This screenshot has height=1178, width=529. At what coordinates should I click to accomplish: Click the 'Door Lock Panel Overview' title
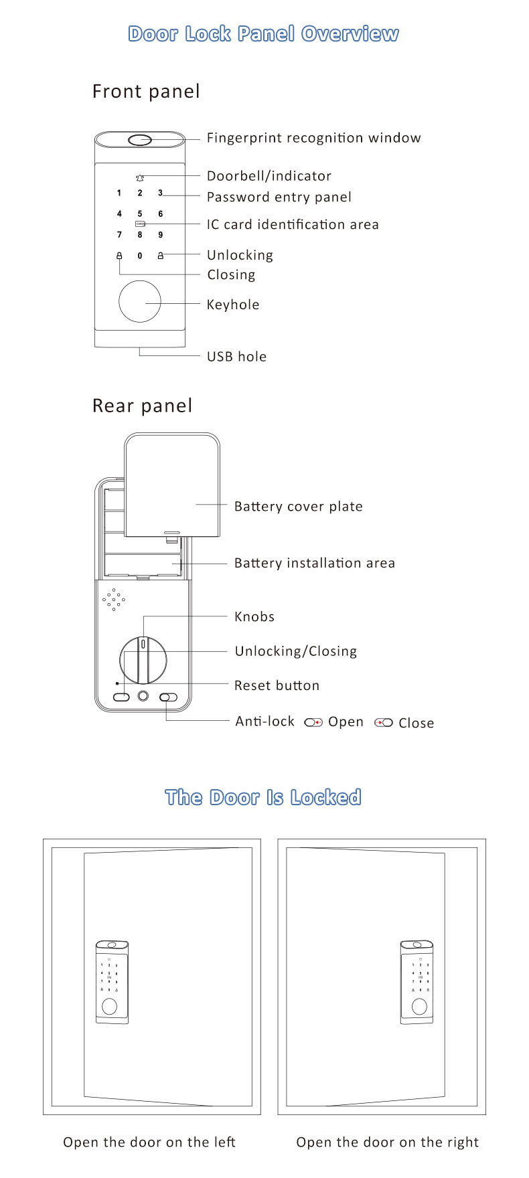pyautogui.click(x=263, y=33)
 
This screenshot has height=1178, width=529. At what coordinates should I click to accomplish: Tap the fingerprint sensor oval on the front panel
pyautogui.click(x=140, y=141)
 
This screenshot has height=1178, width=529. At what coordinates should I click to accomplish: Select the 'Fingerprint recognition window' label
pyautogui.click(x=313, y=138)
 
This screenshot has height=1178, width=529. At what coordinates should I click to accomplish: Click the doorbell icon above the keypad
pyautogui.click(x=140, y=178)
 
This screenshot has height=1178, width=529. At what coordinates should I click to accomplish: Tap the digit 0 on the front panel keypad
pyautogui.click(x=140, y=256)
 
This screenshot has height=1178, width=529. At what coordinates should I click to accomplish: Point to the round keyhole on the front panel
pyautogui.click(x=140, y=302)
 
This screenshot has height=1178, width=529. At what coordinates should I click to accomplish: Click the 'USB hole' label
pyautogui.click(x=236, y=357)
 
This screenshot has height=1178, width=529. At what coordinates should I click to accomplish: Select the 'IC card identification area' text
pyautogui.click(x=293, y=225)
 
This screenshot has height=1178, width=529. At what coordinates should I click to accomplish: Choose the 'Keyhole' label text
pyautogui.click(x=233, y=305)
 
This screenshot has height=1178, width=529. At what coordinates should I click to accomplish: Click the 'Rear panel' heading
pyautogui.click(x=143, y=406)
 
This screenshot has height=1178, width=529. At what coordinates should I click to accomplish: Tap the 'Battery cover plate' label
pyautogui.click(x=298, y=507)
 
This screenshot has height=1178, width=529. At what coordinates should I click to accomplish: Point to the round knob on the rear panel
pyautogui.click(x=143, y=659)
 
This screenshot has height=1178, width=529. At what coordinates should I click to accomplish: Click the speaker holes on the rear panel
pyautogui.click(x=113, y=599)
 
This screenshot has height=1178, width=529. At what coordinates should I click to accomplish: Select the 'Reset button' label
pyautogui.click(x=277, y=685)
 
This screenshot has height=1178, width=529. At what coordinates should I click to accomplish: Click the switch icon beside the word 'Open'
pyautogui.click(x=313, y=723)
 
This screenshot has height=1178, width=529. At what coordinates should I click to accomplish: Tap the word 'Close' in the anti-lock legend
pyautogui.click(x=416, y=723)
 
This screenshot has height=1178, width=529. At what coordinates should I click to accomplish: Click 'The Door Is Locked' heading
pyautogui.click(x=263, y=797)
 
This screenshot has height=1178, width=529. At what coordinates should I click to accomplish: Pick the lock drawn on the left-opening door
pyautogui.click(x=112, y=982)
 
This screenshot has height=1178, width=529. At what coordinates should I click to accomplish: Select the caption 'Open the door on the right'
pyautogui.click(x=387, y=1142)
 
